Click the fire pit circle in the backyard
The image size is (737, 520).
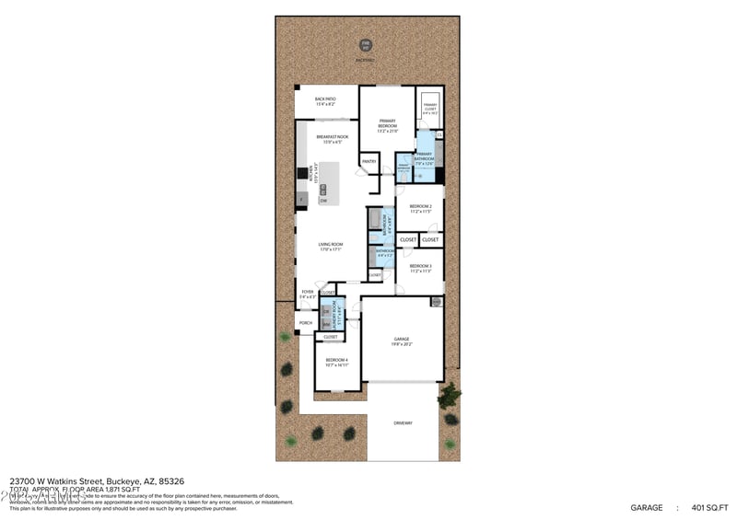[366, 43]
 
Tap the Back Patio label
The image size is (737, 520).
[326, 101]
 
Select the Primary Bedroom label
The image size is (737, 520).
[387, 124]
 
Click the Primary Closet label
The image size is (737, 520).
[430, 108]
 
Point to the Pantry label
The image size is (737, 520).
[368, 161]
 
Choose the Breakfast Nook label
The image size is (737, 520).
[330, 139]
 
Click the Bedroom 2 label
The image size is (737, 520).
[420, 209]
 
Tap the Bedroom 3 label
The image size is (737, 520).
[420, 268]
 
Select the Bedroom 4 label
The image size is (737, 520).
[336, 362]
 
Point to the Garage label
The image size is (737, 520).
[401, 341]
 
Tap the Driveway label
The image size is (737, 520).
[403, 422]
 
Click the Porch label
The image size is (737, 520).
[306, 323]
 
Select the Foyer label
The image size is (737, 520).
[307, 294]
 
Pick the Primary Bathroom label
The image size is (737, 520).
[424, 158]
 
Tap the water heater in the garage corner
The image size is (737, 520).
[436, 301]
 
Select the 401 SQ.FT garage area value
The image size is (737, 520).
[710, 507]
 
